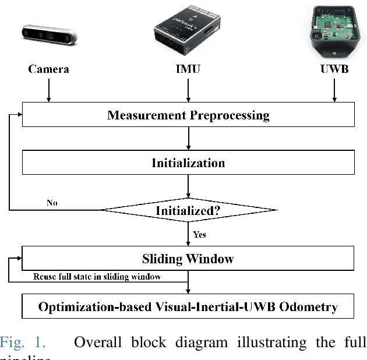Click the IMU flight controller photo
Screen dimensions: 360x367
click(187, 29)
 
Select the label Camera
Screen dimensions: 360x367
click(48, 69)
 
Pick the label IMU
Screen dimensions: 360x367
click(188, 69)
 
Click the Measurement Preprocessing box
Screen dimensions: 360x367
click(188, 115)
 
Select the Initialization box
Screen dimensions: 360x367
click(188, 163)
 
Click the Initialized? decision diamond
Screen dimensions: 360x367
click(188, 210)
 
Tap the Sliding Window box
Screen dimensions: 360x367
click(188, 258)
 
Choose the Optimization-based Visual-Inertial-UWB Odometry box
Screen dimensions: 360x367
click(188, 306)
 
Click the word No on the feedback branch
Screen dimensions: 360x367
click(52, 203)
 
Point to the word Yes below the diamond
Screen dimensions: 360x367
click(199, 234)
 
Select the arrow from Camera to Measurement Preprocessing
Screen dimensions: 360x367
click(48, 90)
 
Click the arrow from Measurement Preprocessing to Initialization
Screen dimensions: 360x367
click(188, 139)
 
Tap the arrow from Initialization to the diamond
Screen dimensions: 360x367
click(188, 186)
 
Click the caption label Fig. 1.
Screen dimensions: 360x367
click(22, 341)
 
